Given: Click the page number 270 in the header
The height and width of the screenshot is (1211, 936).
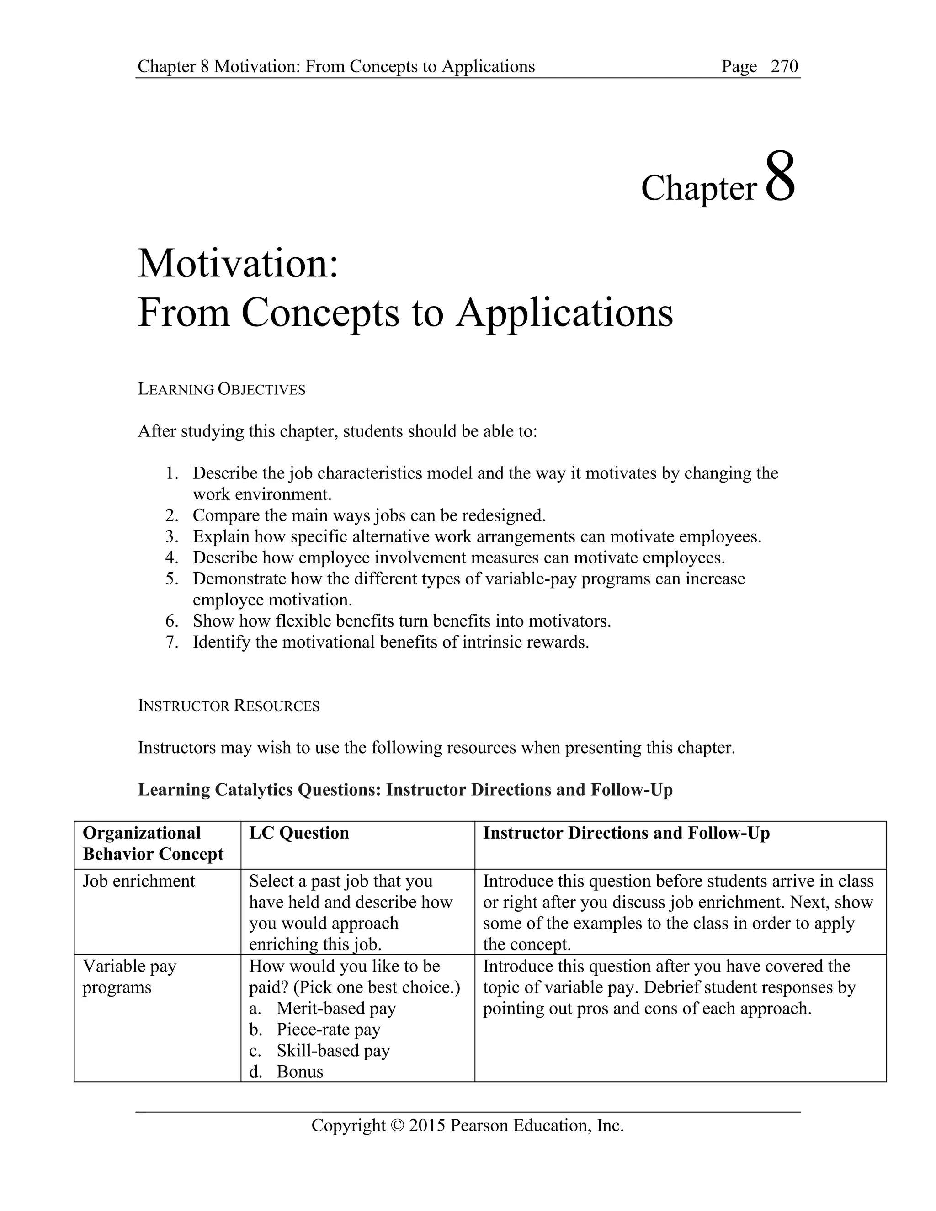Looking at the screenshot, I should [x=784, y=67].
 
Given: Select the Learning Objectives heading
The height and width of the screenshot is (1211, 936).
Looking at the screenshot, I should [x=221, y=389].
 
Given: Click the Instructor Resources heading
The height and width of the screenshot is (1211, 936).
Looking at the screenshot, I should [x=229, y=706].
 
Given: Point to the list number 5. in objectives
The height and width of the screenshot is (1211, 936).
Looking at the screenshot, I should [x=172, y=579].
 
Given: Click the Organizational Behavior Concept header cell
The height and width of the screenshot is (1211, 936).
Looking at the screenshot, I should [x=153, y=844].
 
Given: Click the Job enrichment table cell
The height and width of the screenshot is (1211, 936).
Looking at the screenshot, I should [x=138, y=881].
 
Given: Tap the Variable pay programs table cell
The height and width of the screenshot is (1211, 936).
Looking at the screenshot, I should [x=129, y=977].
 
